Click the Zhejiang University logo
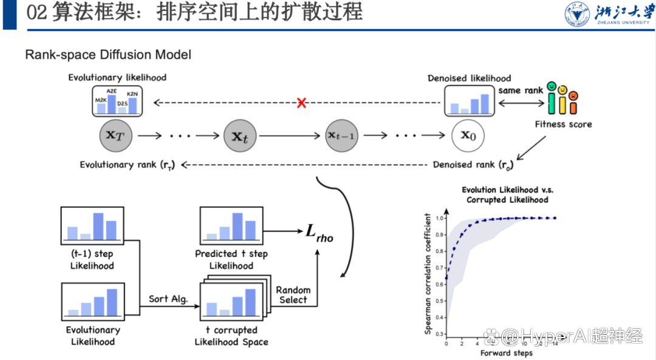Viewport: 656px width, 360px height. [x=607, y=13]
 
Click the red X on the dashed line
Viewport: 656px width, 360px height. [x=301, y=103]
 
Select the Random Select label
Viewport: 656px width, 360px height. [x=293, y=295]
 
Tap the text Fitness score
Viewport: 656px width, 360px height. [x=563, y=124]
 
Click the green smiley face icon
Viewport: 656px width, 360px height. [x=551, y=87]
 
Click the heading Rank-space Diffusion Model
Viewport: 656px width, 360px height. [x=108, y=55]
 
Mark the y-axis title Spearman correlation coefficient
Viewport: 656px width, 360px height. [x=429, y=274]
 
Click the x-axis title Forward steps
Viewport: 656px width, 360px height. [x=506, y=353]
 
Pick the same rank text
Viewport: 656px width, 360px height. [x=521, y=90]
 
